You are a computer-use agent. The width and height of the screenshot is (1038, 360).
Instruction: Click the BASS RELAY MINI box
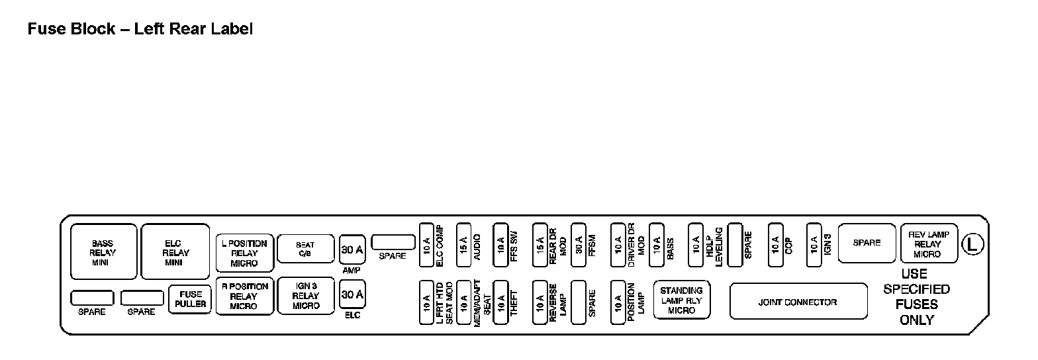click(x=103, y=252)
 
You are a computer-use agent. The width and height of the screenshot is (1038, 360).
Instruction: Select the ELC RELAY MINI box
click(x=175, y=252)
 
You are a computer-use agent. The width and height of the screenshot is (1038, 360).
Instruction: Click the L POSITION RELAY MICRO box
click(x=244, y=253)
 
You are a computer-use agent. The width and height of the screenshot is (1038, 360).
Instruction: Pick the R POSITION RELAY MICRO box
click(x=244, y=296)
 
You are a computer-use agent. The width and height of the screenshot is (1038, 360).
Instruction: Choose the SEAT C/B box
click(x=305, y=249)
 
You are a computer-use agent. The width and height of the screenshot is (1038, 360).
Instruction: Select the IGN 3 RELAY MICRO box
click(x=305, y=296)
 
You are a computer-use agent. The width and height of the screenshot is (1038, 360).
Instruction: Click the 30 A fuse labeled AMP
click(x=352, y=249)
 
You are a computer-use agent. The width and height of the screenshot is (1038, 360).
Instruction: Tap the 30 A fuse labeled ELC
click(x=352, y=294)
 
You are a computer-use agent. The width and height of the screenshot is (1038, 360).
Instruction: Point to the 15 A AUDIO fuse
click(x=464, y=245)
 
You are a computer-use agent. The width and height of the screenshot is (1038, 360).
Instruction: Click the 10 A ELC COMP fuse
click(x=426, y=245)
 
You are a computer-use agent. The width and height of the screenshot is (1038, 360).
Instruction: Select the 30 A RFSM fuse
click(x=579, y=245)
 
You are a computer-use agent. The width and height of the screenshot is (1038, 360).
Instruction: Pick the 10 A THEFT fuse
click(x=501, y=303)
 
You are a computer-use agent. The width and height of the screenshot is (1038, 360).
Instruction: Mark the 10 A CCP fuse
click(x=775, y=245)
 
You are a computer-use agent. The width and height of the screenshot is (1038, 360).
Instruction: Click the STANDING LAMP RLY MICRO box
click(x=681, y=300)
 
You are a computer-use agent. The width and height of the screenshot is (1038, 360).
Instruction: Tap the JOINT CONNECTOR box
click(x=798, y=302)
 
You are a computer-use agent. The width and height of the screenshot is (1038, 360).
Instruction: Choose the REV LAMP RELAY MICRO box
click(x=928, y=244)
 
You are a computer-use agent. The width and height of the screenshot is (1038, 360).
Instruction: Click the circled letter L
click(x=972, y=244)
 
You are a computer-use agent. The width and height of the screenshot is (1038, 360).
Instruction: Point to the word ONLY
click(x=916, y=320)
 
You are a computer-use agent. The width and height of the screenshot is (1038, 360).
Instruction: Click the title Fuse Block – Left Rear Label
click(x=140, y=29)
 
